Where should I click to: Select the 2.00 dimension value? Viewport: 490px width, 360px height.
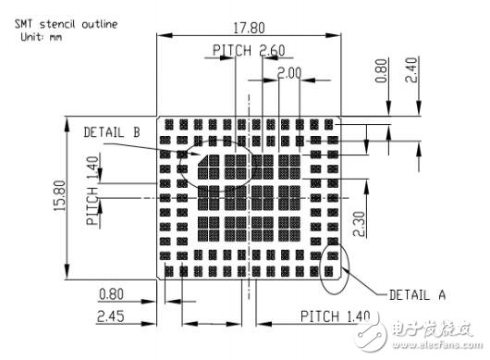[x=289, y=71]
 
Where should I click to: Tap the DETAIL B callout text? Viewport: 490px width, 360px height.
[x=111, y=132]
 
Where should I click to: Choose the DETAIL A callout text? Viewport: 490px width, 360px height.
[x=417, y=294]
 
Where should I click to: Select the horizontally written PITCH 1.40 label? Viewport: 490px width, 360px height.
[x=335, y=317]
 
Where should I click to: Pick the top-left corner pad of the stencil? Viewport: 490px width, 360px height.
[x=167, y=122]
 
